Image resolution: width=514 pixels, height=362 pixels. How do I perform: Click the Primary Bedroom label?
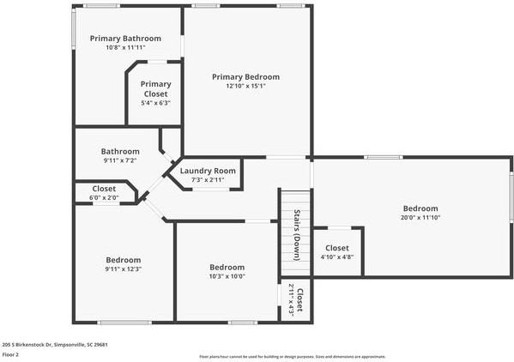[245, 76]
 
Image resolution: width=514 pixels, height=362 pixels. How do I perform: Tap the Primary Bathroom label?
[125, 39]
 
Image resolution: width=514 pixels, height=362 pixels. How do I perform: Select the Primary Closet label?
[155, 89]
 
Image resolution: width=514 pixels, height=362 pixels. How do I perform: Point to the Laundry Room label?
[208, 171]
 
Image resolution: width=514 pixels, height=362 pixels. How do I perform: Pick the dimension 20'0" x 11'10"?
[420, 217]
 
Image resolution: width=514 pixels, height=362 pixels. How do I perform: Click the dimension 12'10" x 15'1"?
[245, 86]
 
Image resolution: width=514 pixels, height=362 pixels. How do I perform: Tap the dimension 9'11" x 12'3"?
[124, 269]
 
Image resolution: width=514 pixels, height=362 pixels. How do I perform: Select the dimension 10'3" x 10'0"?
[227, 275]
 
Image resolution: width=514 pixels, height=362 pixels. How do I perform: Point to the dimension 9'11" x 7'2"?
[120, 160]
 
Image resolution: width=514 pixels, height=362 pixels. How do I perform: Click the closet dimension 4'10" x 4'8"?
[337, 256]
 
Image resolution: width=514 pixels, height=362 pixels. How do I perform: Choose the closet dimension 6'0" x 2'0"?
[104, 197]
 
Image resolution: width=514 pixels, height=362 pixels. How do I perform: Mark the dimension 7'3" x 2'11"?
[208, 179]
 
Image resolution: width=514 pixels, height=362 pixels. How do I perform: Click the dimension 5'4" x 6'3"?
[155, 103]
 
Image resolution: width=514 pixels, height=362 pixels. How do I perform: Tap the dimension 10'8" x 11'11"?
[125, 48]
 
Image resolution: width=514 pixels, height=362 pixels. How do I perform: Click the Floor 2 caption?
[11, 353]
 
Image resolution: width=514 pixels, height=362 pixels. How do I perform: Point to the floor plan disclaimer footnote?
[292, 356]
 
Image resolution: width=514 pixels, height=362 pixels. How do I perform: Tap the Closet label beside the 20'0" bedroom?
[337, 248]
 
